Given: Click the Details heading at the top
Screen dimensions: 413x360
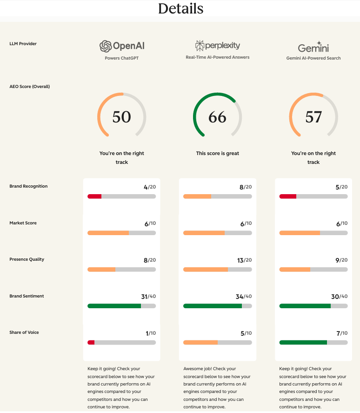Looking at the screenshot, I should (x=180, y=8).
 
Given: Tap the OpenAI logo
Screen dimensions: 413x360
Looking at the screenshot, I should (x=121, y=46).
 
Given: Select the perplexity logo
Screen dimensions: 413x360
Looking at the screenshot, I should (x=217, y=46).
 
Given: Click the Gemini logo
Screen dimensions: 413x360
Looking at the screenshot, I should (x=313, y=47).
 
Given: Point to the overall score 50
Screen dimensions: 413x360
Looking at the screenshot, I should (x=121, y=117).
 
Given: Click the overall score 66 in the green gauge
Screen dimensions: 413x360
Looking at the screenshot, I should (x=217, y=117).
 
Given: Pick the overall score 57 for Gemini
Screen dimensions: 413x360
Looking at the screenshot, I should (x=313, y=117).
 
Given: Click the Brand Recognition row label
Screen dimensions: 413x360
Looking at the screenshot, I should (x=28, y=186).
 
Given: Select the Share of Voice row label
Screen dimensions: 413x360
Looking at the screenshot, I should (x=24, y=332).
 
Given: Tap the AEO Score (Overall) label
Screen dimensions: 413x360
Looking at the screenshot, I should (x=29, y=87).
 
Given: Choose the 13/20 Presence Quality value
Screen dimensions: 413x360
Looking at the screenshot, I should (x=245, y=260).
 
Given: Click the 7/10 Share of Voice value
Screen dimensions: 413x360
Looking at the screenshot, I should (x=342, y=333).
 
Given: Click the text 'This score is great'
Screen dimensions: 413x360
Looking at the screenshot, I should (x=217, y=153).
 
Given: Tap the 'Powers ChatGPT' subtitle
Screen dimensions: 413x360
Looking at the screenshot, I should (x=121, y=58).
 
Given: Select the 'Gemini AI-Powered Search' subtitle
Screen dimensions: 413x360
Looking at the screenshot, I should (x=313, y=58).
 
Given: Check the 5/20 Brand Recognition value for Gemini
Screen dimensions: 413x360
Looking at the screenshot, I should (x=342, y=187).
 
